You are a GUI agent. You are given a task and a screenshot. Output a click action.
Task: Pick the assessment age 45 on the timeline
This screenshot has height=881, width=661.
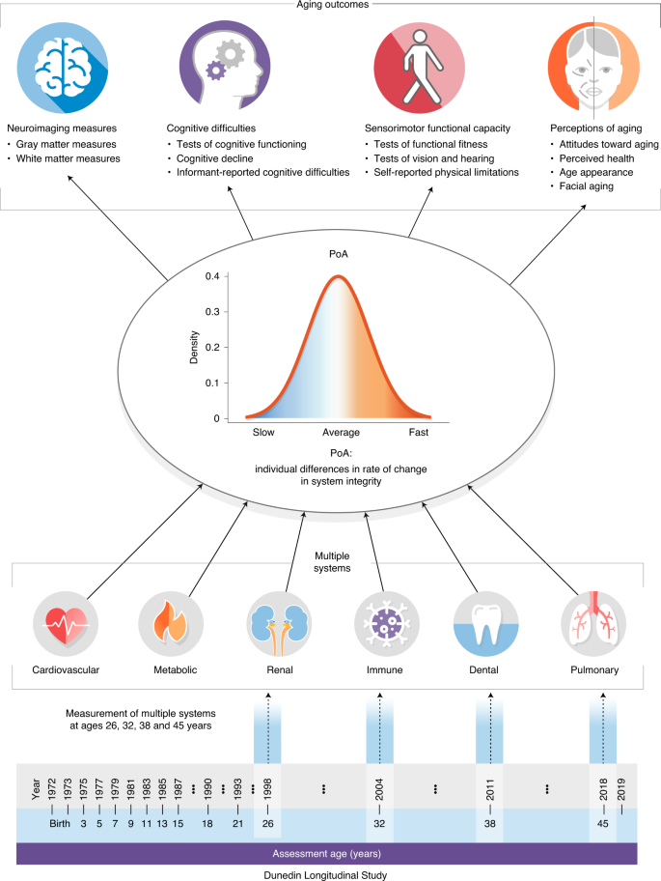tap(603, 824)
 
